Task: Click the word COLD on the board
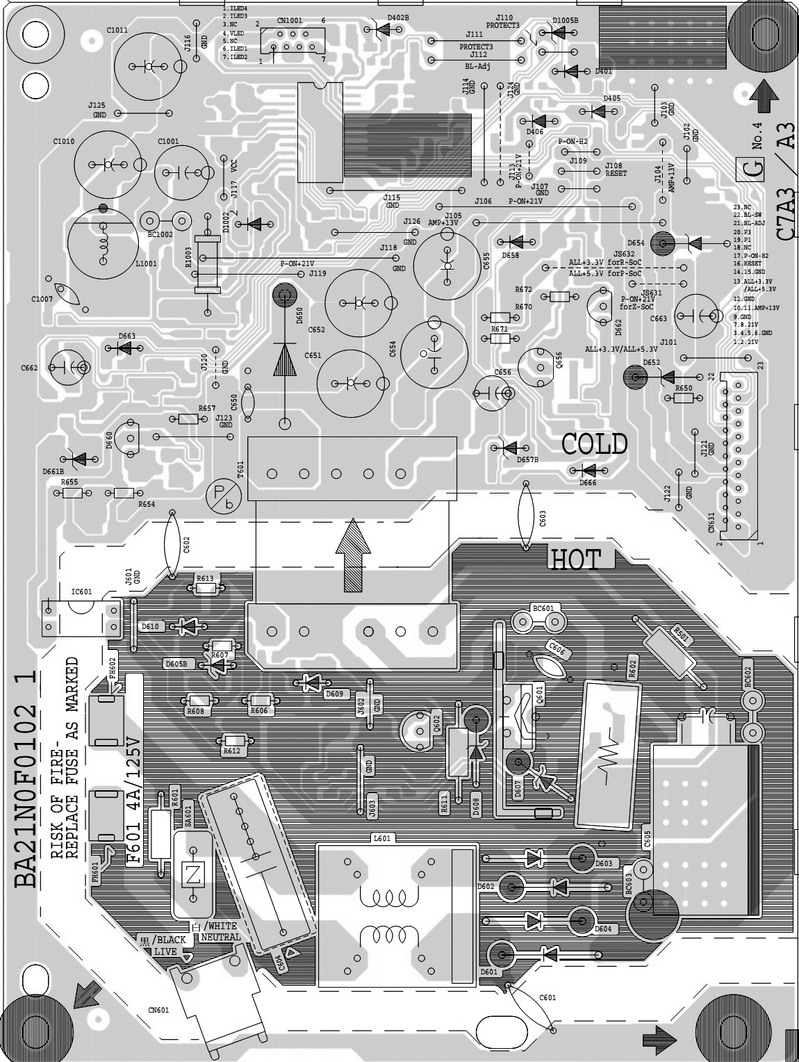594,444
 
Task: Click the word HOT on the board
575,559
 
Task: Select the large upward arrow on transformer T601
354,555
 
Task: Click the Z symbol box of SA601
194,875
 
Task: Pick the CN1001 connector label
290,22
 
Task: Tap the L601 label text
381,839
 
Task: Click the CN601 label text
158,1010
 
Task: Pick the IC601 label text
81,591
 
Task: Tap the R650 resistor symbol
679,398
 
